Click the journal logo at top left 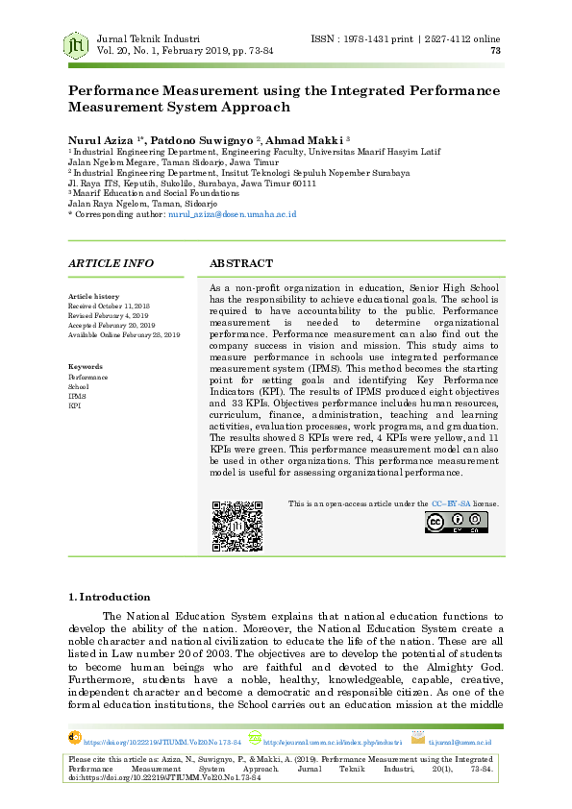[x=76, y=44]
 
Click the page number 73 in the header [x=495, y=51]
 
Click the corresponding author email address [x=232, y=215]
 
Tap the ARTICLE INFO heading [x=112, y=263]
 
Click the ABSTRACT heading [x=241, y=263]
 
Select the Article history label [x=93, y=297]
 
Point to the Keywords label [x=86, y=367]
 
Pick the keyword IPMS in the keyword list [x=77, y=396]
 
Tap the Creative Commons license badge [x=456, y=522]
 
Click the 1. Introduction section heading [x=110, y=597]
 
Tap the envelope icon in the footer [x=417, y=738]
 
